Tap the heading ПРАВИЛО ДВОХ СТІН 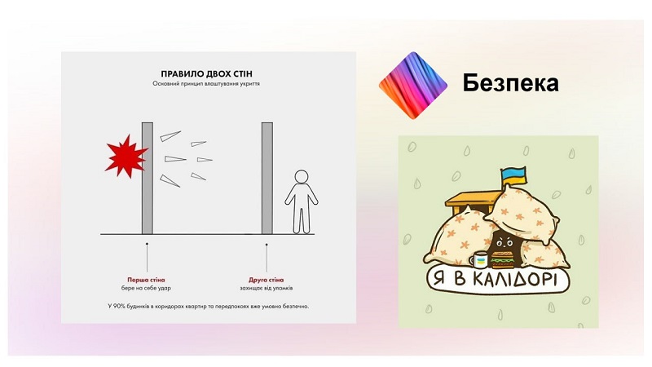click(206, 74)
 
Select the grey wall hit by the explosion click(148, 178)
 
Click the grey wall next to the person click(267, 178)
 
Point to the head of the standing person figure click(301, 176)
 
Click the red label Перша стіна click(146, 280)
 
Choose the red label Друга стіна click(267, 280)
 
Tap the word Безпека click(510, 83)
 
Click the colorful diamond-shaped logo click(413, 86)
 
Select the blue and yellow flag click(513, 176)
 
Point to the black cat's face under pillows click(504, 242)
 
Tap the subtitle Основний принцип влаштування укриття click(206, 84)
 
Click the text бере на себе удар click(146, 288)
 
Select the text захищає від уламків click(267, 288)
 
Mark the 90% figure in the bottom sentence click(120, 307)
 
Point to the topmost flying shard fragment click(170, 136)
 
